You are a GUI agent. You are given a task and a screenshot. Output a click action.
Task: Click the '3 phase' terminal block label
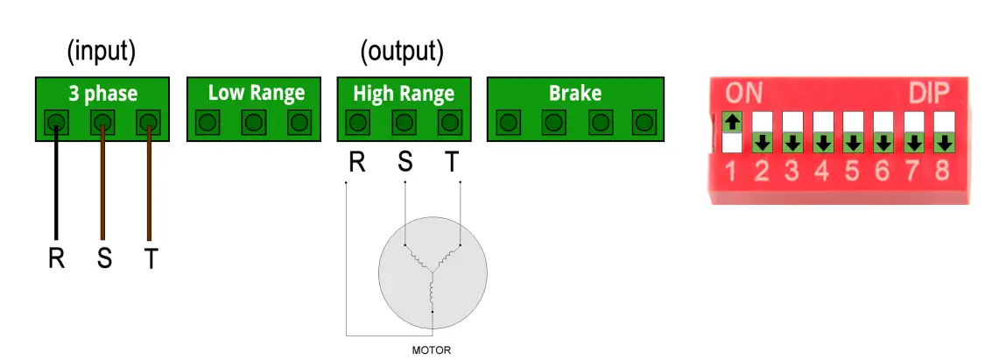pos(102,93)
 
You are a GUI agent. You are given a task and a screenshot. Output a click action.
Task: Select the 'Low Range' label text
pos(256,93)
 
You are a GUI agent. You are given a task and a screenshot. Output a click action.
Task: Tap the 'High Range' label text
pos(404,93)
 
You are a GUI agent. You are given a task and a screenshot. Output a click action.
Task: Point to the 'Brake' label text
pos(574,93)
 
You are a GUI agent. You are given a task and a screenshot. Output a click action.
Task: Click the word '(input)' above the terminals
pos(102,52)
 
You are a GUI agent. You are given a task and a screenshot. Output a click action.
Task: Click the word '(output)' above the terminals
pos(402,52)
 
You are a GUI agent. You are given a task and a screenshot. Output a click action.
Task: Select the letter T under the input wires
pos(150,260)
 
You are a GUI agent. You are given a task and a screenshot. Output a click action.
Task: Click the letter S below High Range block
pos(405,163)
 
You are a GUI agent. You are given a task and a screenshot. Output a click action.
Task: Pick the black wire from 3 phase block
pos(57,184)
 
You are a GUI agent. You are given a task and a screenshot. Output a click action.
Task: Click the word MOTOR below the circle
pos(432,350)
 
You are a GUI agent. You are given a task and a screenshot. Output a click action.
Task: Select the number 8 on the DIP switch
pos(941,170)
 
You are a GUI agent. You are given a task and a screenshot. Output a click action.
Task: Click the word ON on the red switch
pos(744,93)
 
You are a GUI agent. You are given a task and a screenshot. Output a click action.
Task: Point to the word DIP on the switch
pos(930,93)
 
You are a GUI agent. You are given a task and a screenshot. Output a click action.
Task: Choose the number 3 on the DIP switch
pos(792,170)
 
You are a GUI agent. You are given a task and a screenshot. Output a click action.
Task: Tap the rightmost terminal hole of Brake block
pos(645,122)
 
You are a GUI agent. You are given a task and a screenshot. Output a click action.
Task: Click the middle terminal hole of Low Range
pos(254,122)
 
